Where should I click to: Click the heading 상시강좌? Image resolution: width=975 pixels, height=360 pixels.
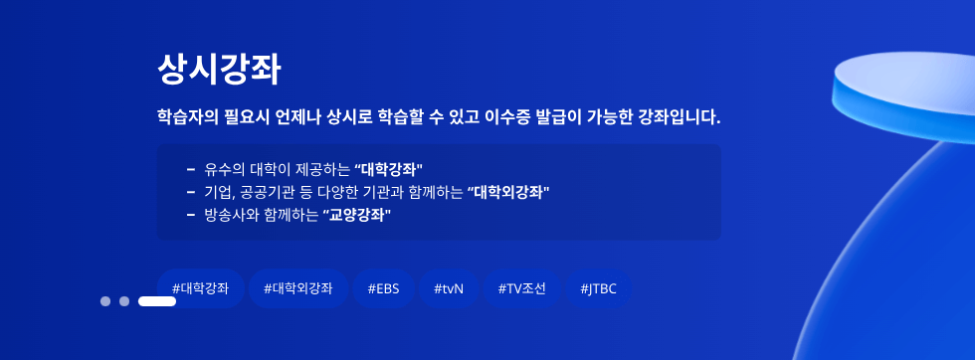pyautogui.click(x=219, y=69)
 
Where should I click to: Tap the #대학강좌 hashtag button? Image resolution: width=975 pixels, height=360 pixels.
pyautogui.click(x=200, y=289)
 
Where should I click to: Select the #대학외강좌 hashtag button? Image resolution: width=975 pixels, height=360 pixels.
pyautogui.click(x=298, y=289)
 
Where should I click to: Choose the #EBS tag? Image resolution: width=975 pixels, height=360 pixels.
pyautogui.click(x=383, y=289)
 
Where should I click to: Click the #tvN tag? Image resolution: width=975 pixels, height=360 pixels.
pyautogui.click(x=449, y=289)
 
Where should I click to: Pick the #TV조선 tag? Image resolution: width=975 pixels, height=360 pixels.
pyautogui.click(x=521, y=289)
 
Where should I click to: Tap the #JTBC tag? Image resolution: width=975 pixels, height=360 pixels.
pyautogui.click(x=598, y=289)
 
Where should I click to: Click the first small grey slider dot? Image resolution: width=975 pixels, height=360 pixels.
pyautogui.click(x=105, y=301)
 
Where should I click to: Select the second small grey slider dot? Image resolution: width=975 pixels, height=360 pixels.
pyautogui.click(x=124, y=301)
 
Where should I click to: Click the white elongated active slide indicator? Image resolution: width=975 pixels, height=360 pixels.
pyautogui.click(x=157, y=301)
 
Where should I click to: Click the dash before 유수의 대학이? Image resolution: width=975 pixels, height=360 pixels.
pyautogui.click(x=190, y=168)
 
